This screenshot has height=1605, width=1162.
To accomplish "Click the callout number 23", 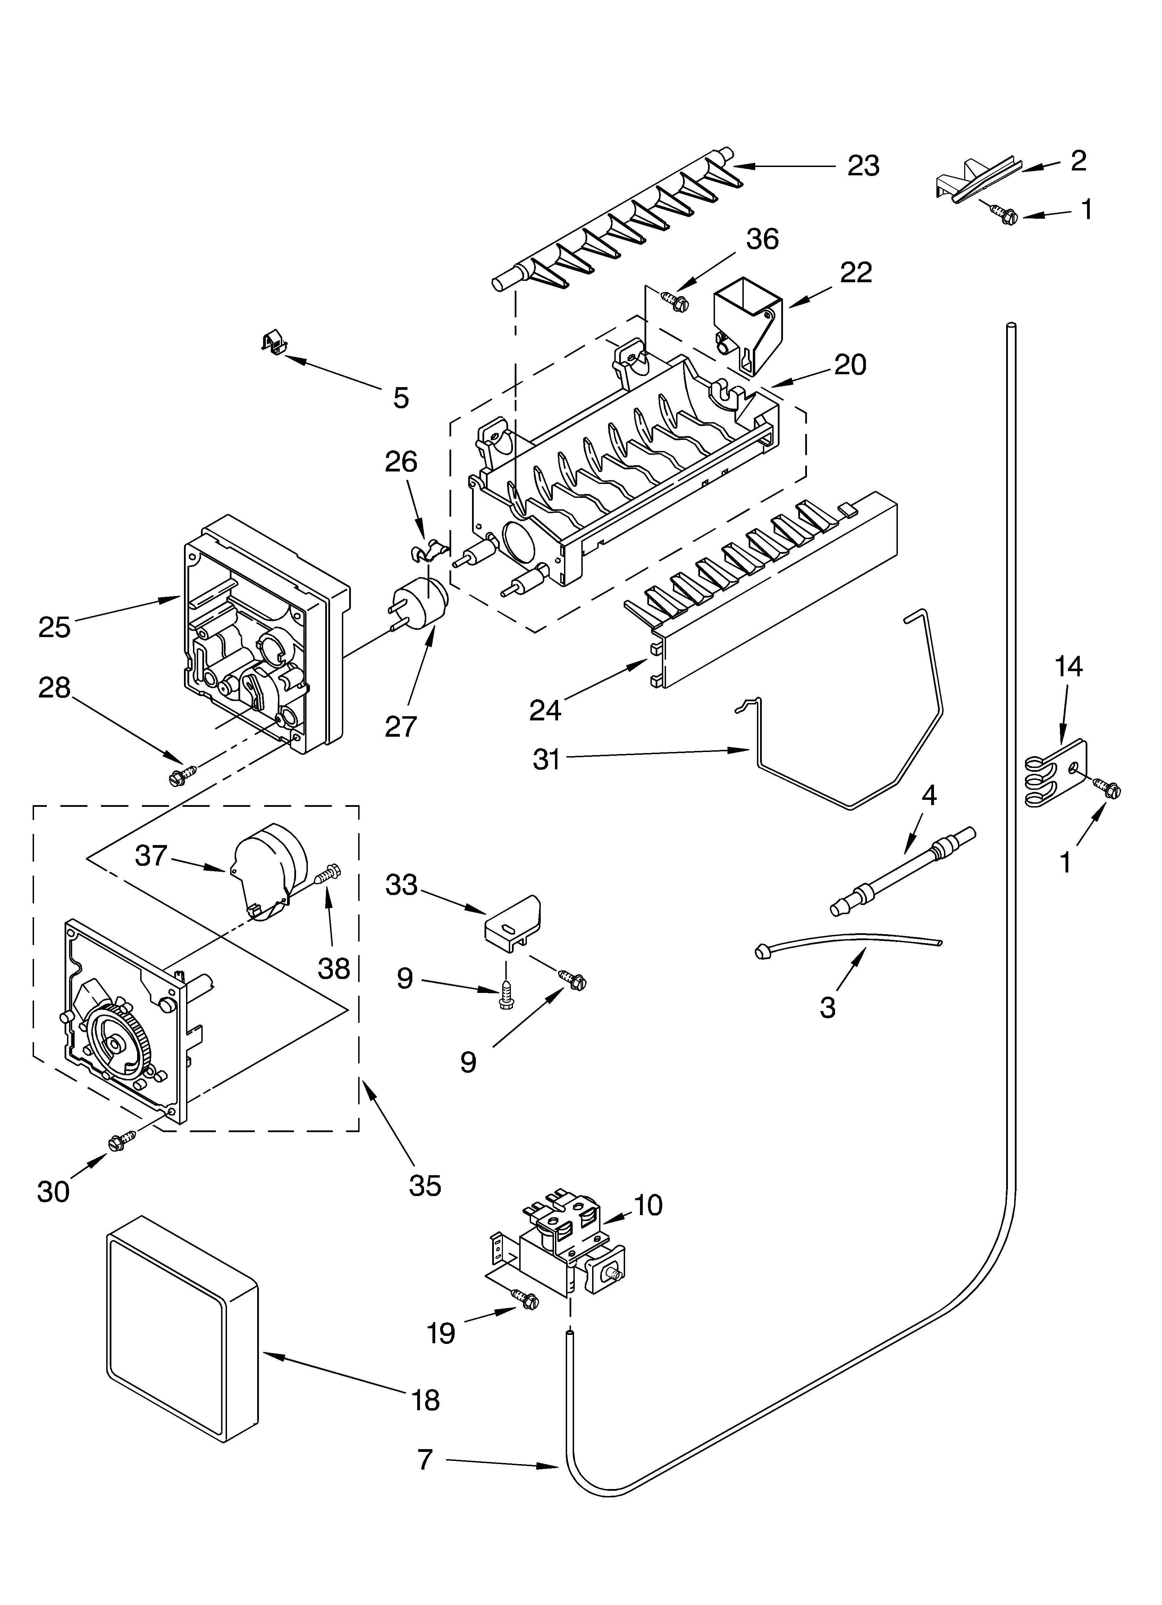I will [x=864, y=166].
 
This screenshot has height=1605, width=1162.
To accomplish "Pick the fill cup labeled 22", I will [x=749, y=324].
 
